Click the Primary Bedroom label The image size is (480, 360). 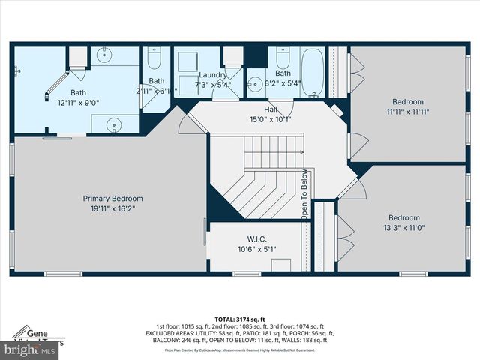112,199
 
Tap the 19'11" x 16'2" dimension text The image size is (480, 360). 112,209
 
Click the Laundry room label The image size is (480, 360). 213,75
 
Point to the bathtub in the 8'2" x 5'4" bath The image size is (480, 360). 312,72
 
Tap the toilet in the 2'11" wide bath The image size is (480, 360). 154,58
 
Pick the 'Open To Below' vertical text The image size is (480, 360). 305,193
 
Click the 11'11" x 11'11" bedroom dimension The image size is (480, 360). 407,112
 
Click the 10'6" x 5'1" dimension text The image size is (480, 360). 257,249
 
